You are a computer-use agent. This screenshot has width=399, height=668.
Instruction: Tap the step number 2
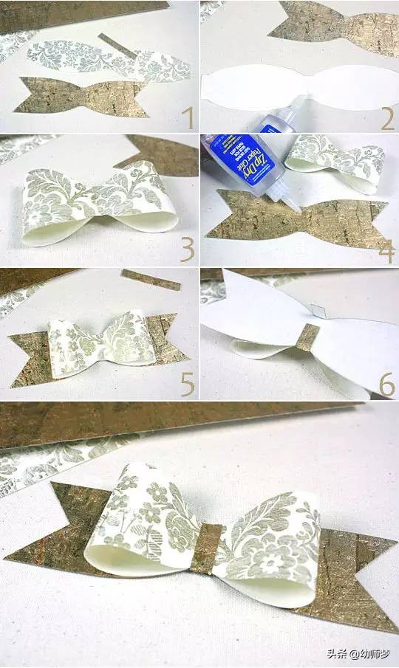[x=387, y=117]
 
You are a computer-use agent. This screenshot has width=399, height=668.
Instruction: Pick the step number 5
[x=187, y=383]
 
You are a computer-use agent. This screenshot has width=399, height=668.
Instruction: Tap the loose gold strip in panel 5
[x=151, y=279]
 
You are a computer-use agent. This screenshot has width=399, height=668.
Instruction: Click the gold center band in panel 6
[x=307, y=337]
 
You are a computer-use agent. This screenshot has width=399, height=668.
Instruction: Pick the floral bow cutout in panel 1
[x=103, y=59]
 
